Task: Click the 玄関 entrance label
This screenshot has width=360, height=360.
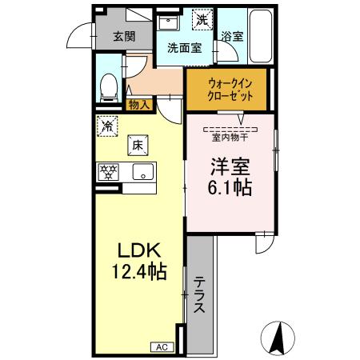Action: [x=123, y=36]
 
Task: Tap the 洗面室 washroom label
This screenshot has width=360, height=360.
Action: [x=184, y=48]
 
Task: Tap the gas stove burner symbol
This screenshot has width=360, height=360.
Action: [x=109, y=170]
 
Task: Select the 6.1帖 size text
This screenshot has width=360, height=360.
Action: [x=230, y=189]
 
